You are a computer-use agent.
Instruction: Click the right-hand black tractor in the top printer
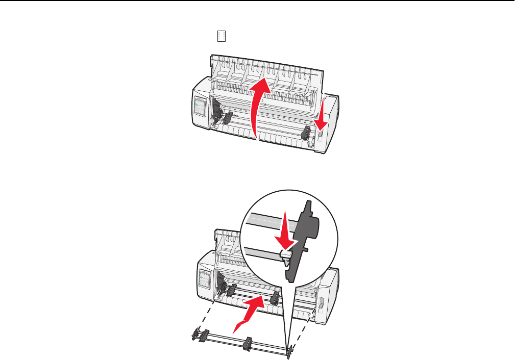click(x=306, y=134)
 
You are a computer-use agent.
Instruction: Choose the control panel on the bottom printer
click(x=205, y=280)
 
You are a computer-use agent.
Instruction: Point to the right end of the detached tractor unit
click(x=289, y=350)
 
